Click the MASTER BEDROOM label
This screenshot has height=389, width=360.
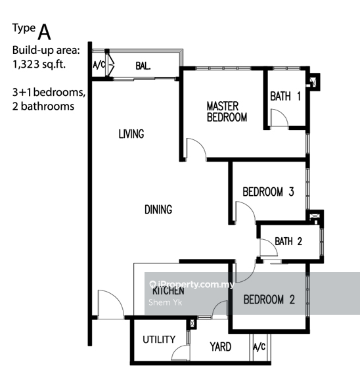pyautogui.click(x=227, y=112)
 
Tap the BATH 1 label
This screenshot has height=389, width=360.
pyautogui.click(x=286, y=97)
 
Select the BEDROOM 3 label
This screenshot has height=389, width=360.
pyautogui.click(x=268, y=193)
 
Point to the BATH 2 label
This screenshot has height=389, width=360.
pyautogui.click(x=288, y=241)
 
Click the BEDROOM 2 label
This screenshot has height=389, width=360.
pyautogui.click(x=269, y=300)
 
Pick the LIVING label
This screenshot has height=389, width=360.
pyautogui.click(x=131, y=134)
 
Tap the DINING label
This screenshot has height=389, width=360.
pyautogui.click(x=158, y=210)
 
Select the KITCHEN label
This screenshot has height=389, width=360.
pyautogui.click(x=168, y=290)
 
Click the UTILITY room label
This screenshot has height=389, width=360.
pyautogui.click(x=159, y=340)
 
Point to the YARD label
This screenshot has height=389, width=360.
pyautogui.click(x=220, y=346)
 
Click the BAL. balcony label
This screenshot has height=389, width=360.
pyautogui.click(x=144, y=65)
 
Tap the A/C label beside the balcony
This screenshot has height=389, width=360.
pyautogui.click(x=99, y=65)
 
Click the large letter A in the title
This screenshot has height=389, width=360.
pyautogui.click(x=45, y=31)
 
